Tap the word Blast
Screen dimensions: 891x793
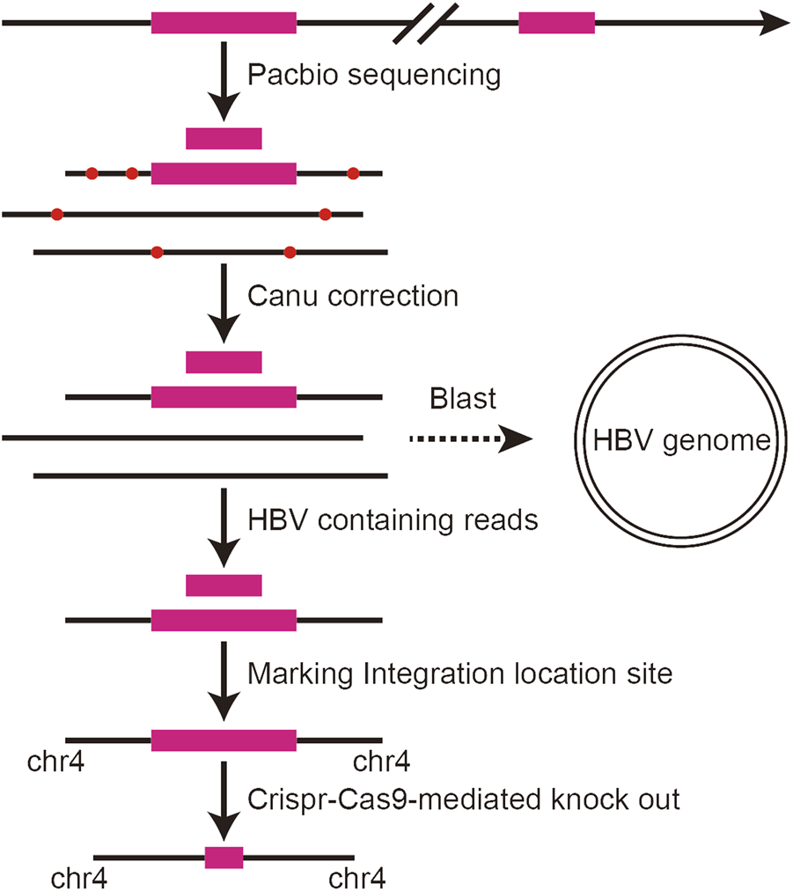click(463, 399)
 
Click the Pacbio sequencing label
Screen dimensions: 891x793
click(374, 75)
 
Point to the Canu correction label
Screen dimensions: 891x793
click(353, 295)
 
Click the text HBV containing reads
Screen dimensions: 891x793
click(393, 520)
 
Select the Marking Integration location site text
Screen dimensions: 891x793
click(460, 674)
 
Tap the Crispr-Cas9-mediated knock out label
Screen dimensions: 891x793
click(464, 800)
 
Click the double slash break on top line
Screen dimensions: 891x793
click(426, 23)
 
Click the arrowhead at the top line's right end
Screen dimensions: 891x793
click(775, 23)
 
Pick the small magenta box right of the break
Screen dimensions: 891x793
click(556, 23)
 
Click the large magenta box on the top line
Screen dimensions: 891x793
click(224, 23)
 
